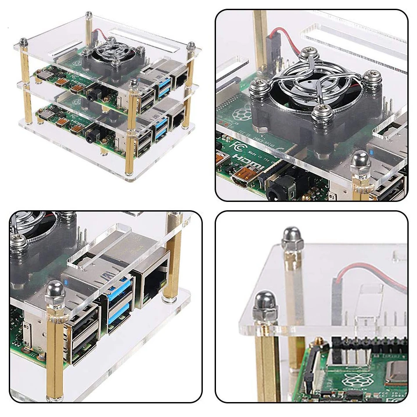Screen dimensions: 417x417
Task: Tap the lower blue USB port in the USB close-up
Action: pyautogui.click(x=118, y=313)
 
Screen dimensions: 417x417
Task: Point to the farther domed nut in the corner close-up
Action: pyautogui.click(x=291, y=239)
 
